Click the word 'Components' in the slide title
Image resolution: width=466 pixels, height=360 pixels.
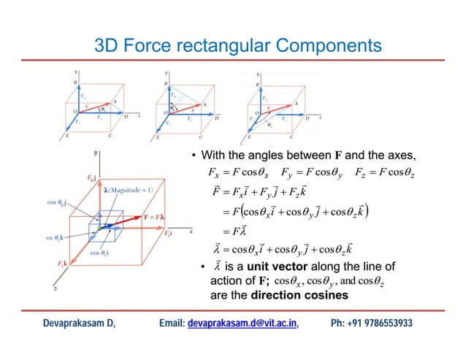pyautogui.click(x=324, y=47)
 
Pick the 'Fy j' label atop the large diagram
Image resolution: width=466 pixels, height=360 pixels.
pyautogui.click(x=93, y=177)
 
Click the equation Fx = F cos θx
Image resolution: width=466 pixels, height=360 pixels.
pyautogui.click(x=239, y=174)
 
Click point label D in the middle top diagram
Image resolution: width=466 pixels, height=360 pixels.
pyautogui.click(x=216, y=118)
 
